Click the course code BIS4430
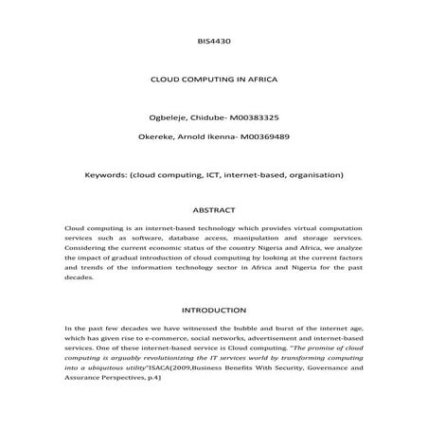coord(214,42)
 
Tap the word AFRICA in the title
coord(256,82)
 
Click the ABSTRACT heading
coord(213,210)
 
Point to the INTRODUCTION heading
coord(213,310)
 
